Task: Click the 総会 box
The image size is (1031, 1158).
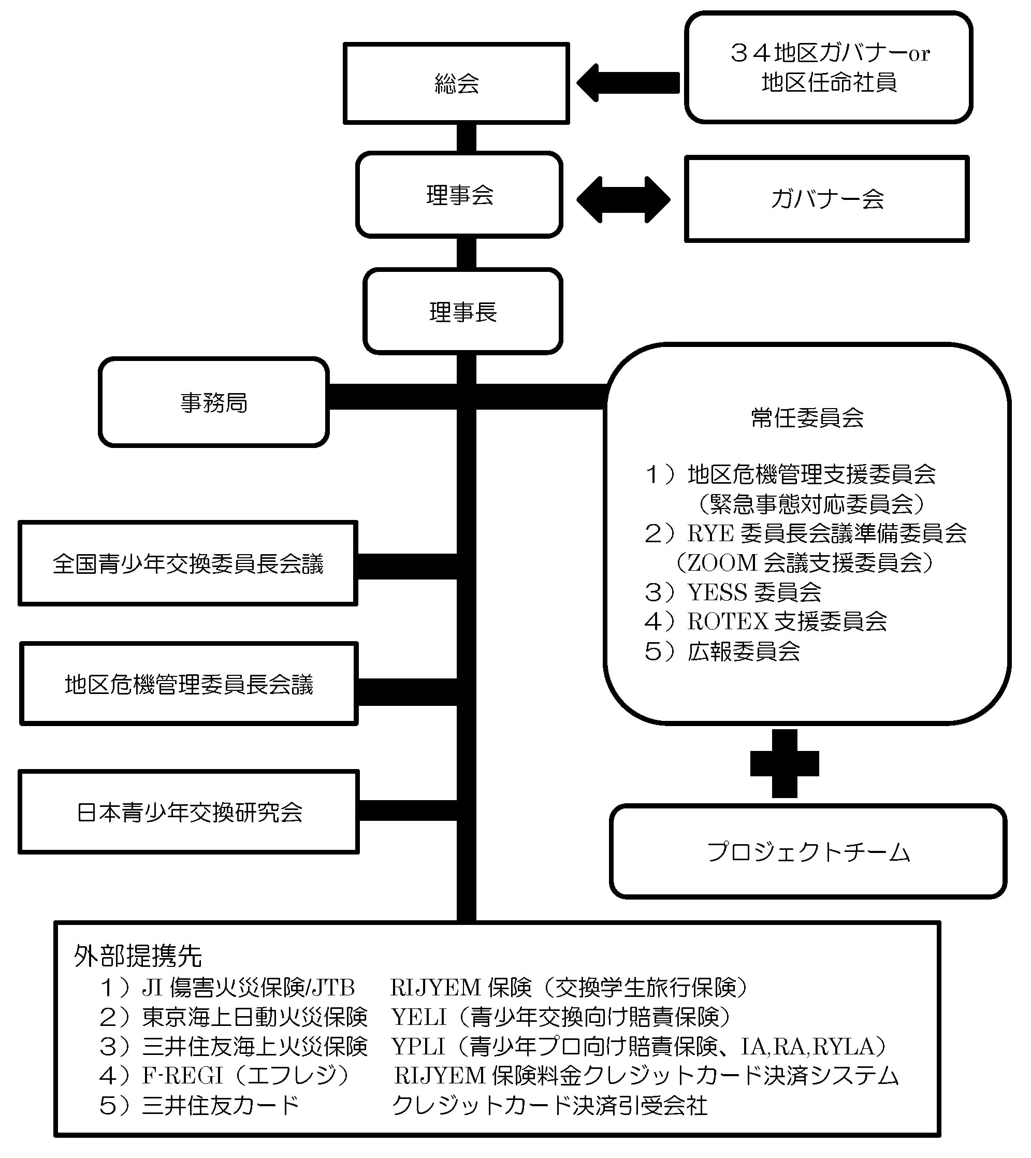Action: coord(456,83)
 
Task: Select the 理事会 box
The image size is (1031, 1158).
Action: coord(459,195)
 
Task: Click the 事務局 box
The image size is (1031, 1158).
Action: coord(213,403)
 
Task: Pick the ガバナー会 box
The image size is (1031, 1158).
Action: coord(826,199)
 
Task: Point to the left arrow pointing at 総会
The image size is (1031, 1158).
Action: coord(628,83)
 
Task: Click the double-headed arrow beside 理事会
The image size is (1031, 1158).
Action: coord(623,199)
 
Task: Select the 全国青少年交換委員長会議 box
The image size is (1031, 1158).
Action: coord(187,563)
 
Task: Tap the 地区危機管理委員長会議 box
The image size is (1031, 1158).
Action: coord(188,684)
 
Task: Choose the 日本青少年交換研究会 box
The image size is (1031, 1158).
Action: coord(188,812)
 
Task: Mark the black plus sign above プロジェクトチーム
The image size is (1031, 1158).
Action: coord(784,763)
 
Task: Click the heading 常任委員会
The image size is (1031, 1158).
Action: coord(807,418)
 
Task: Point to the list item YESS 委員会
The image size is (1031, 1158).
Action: coord(754,592)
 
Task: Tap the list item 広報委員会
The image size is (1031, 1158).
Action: coord(743,652)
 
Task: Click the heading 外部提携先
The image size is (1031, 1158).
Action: coord(138,956)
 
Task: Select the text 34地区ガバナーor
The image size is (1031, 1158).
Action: coord(830,53)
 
